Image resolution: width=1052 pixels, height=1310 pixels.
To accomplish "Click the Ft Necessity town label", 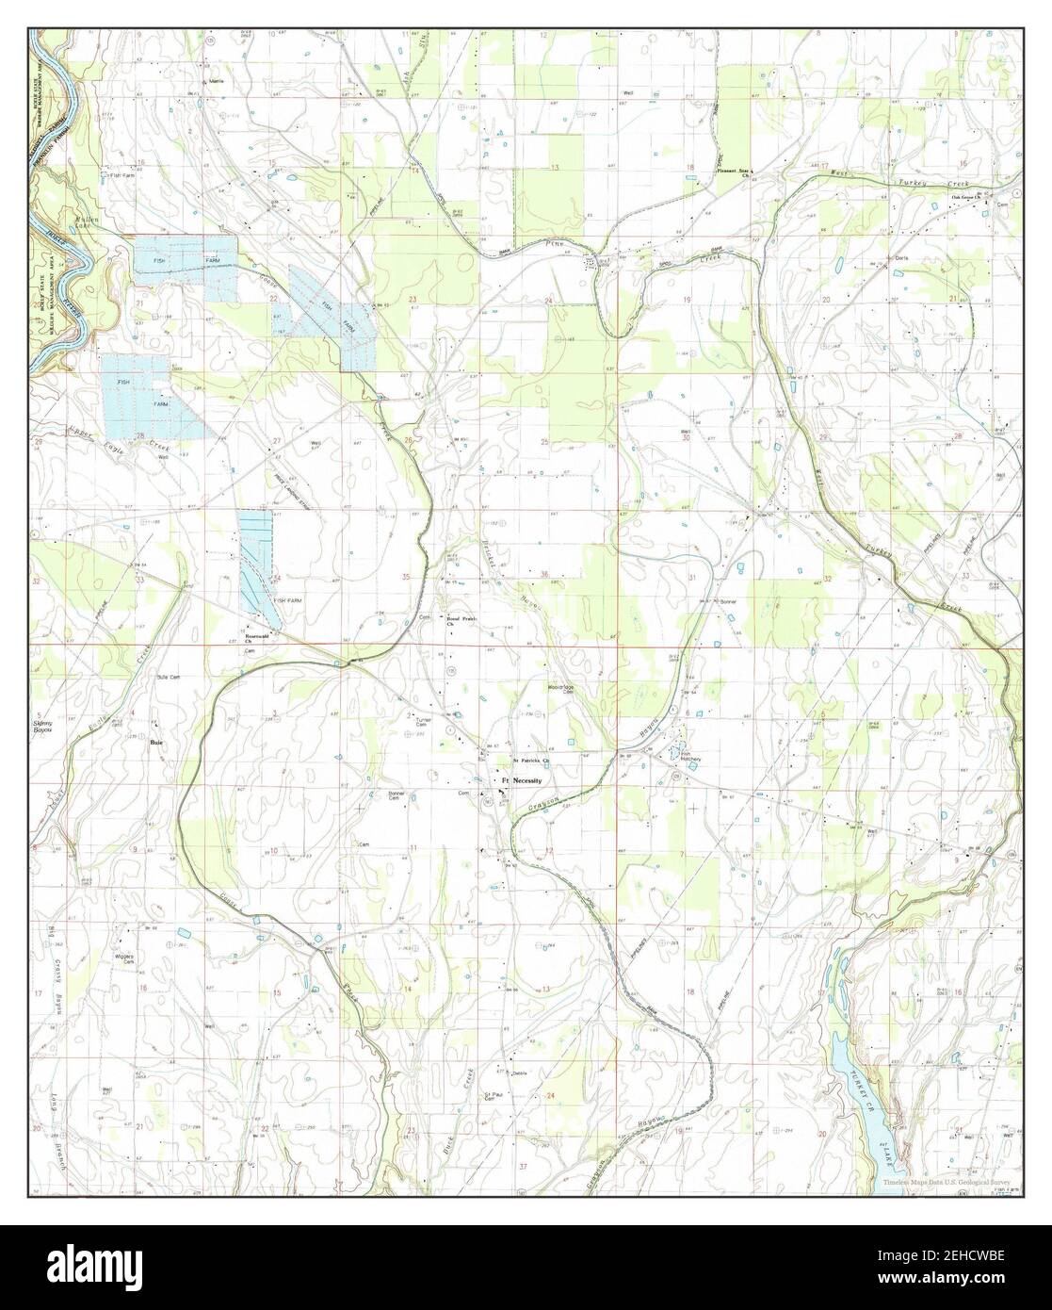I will tap(526, 782).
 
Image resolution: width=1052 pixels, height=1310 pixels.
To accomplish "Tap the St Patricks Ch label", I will tap(530, 759).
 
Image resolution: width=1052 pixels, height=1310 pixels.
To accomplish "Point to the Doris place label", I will tap(900, 257).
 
